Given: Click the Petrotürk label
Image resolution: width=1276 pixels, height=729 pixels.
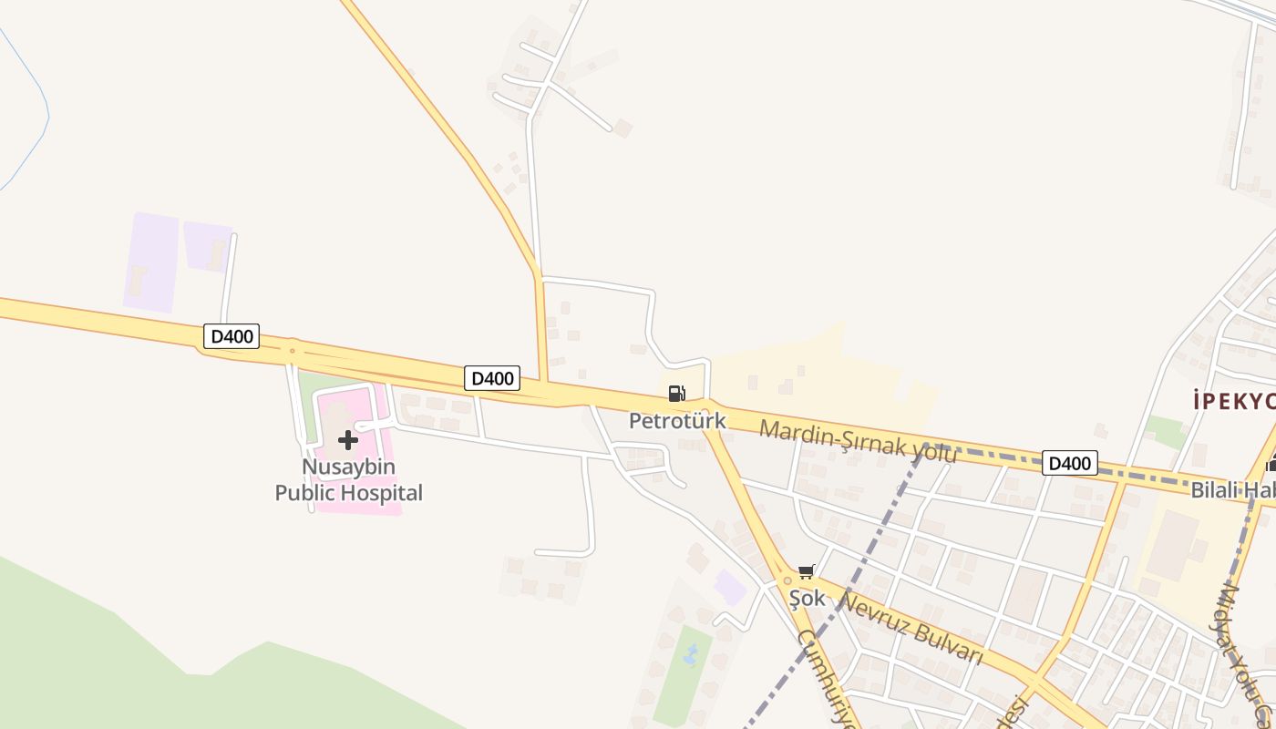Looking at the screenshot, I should [x=677, y=421].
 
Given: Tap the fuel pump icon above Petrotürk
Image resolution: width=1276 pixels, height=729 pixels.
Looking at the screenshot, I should [x=676, y=394].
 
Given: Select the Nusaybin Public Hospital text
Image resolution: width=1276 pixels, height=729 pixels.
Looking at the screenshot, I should [x=349, y=480].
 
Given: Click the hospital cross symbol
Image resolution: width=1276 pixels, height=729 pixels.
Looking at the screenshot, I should [x=347, y=441].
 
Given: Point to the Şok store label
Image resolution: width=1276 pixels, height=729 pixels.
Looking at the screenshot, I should [x=807, y=598].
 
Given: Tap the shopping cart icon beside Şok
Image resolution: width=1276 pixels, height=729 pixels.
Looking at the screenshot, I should [x=806, y=572].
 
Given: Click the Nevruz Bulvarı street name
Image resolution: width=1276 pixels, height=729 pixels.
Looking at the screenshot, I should [x=911, y=629].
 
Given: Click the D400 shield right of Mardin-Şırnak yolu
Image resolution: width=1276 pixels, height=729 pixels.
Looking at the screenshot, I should [x=1069, y=463].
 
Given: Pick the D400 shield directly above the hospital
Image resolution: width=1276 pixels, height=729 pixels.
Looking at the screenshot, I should [x=492, y=377].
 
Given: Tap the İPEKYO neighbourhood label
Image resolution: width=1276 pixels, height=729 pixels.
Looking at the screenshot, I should [x=1234, y=400].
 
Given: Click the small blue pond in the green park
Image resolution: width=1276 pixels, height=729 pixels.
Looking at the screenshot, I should [x=690, y=654].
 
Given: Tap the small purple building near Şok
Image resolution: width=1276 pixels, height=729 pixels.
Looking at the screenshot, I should [x=731, y=587].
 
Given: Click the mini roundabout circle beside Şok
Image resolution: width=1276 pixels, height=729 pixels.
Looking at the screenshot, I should [x=787, y=580].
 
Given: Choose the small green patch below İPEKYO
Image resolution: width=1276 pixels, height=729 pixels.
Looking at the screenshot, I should [x=1166, y=431].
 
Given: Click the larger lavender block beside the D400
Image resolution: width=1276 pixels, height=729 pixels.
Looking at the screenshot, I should [x=151, y=262].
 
